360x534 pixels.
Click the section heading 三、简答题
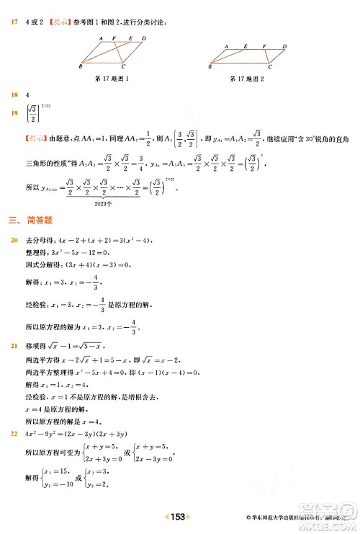pos(32,220)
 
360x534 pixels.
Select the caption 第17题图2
pos(247,77)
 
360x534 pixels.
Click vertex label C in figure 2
pos(269,67)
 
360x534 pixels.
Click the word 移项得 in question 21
pos(34,346)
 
